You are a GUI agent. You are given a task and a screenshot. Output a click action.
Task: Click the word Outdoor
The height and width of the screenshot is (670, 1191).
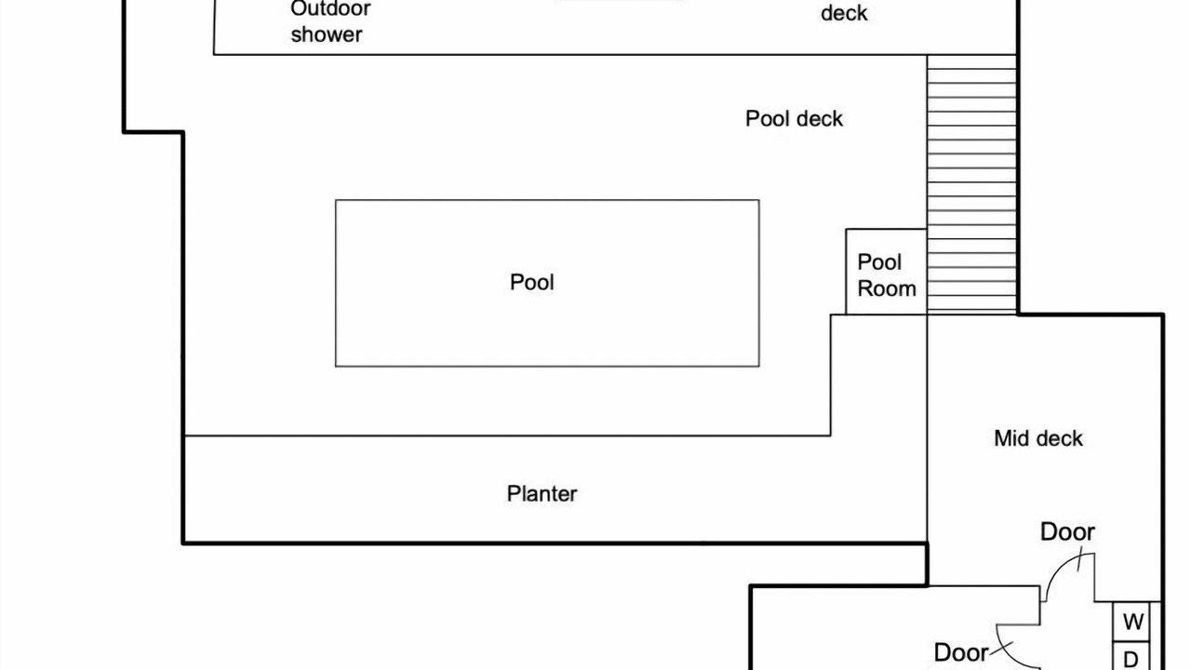click(330, 9)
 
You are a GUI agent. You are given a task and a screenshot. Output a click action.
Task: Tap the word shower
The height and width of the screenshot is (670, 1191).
click(326, 35)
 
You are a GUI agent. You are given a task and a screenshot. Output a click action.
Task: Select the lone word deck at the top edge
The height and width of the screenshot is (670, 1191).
click(844, 13)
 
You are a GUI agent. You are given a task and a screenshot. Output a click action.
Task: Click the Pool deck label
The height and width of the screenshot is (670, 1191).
click(794, 119)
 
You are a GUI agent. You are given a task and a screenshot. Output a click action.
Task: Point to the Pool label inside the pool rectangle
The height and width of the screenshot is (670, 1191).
click(532, 282)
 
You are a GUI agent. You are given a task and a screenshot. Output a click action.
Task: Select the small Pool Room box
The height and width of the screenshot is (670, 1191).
click(886, 272)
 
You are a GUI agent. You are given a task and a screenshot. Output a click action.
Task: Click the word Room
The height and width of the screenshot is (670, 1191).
click(887, 288)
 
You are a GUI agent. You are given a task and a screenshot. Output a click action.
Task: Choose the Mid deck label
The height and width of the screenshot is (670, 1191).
click(1038, 438)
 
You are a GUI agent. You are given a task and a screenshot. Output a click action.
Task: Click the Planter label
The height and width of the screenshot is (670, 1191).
click(542, 493)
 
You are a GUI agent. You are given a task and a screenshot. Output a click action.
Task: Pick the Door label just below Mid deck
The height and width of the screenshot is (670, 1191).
click(1067, 532)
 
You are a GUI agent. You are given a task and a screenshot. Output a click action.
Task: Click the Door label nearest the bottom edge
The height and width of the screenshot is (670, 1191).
click(961, 652)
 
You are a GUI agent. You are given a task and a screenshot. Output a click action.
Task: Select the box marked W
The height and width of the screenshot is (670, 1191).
click(1132, 622)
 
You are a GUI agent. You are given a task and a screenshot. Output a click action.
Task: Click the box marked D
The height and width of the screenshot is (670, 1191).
click(1131, 658)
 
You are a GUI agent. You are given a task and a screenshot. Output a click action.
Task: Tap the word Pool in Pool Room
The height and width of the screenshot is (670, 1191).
click(879, 262)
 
